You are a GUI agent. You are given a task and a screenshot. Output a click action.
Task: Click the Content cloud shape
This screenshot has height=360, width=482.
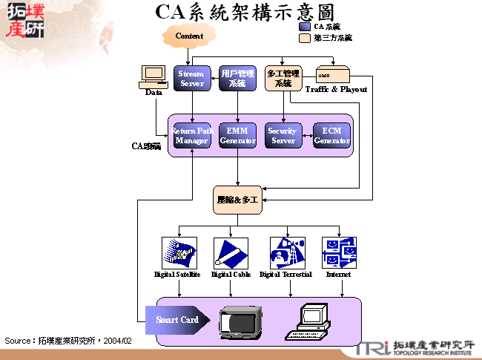(189, 36)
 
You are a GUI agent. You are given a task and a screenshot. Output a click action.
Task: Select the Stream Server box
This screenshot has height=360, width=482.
(191, 79)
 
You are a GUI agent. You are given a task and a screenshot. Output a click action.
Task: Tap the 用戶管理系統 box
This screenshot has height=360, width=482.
(237, 79)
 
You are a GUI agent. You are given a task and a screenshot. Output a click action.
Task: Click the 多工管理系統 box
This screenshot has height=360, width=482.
(283, 79)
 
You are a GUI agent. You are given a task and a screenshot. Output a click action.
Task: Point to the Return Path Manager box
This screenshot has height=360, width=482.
(191, 136)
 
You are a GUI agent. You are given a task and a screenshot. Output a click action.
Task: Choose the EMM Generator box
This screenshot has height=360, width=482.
(237, 136)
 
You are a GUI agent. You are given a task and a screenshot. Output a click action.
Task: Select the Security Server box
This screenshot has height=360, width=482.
(283, 136)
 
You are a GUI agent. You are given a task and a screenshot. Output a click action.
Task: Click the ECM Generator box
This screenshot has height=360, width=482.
(331, 136)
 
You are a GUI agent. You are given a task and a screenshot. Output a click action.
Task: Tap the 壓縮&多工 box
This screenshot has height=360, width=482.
(237, 200)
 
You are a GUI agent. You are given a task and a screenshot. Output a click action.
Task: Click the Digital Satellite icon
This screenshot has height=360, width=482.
(178, 252)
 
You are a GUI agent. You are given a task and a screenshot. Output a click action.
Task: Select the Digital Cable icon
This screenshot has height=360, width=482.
(231, 252)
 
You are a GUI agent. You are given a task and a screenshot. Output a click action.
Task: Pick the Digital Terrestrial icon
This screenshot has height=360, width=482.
(287, 252)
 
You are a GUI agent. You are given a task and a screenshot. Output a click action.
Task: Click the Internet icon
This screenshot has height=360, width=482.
(339, 252)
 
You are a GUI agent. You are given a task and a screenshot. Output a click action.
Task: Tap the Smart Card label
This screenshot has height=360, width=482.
(176, 320)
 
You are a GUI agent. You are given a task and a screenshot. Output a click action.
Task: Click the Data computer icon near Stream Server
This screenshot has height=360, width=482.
(153, 75)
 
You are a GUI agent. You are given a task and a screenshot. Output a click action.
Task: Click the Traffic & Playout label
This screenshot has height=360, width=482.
(336, 89)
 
